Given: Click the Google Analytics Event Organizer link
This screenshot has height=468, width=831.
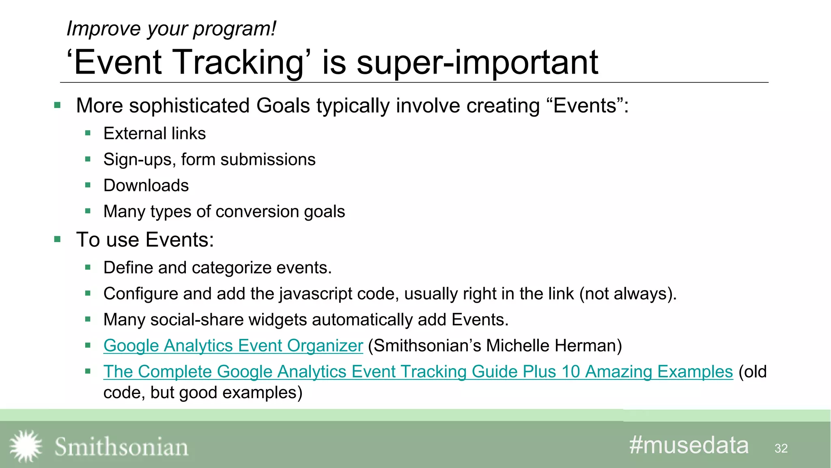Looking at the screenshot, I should [233, 346].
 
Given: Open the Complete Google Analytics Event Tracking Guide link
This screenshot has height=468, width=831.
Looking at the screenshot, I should [418, 372].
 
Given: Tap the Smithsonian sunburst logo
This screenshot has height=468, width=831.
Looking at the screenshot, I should [26, 446].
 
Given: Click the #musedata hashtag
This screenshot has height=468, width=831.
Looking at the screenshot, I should [689, 445].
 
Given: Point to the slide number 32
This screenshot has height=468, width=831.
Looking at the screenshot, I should [781, 448].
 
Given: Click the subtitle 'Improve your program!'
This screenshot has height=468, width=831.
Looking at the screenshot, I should [171, 29].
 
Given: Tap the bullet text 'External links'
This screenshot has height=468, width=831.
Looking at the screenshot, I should [155, 134].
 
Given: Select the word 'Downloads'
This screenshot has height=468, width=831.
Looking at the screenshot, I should [146, 186].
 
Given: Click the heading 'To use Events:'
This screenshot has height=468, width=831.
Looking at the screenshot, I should [145, 240].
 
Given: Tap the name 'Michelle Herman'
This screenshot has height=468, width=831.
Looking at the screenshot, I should [553, 346].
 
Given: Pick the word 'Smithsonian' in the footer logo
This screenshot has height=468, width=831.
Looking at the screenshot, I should [121, 447].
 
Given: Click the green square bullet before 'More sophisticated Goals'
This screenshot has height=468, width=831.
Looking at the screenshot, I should [57, 106].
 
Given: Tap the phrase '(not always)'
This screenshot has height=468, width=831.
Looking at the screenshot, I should [627, 294].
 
